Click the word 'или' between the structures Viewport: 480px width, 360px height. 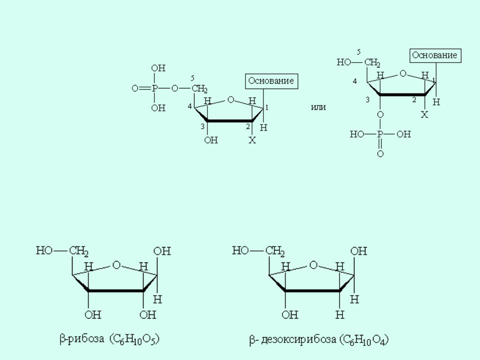[x=318, y=107]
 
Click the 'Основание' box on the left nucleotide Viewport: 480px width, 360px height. [x=271, y=81]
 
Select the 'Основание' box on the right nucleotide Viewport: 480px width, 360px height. [x=435, y=55]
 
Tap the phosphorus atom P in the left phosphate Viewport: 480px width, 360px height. [x=154, y=89]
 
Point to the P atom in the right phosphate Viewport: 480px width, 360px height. [x=380, y=134]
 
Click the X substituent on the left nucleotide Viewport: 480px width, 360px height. [x=252, y=140]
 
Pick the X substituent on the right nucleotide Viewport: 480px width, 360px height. [x=424, y=115]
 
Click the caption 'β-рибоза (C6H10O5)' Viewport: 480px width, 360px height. [x=109, y=339]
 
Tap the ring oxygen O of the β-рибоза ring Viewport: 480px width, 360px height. [x=116, y=265]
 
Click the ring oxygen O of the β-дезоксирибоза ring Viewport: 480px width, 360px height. [x=313, y=265]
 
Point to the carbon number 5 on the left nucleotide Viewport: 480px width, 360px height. [x=192, y=78]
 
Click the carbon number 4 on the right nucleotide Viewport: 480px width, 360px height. [x=355, y=81]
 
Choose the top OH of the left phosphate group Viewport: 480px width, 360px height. [x=158, y=68]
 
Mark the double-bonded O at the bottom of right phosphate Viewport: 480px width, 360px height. [x=380, y=153]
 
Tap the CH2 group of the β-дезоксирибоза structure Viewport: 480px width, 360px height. [x=275, y=251]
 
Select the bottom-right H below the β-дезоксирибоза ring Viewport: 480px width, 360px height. [x=340, y=314]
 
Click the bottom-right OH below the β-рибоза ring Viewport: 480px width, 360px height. [x=148, y=314]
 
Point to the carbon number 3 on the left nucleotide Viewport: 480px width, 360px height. [x=202, y=126]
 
